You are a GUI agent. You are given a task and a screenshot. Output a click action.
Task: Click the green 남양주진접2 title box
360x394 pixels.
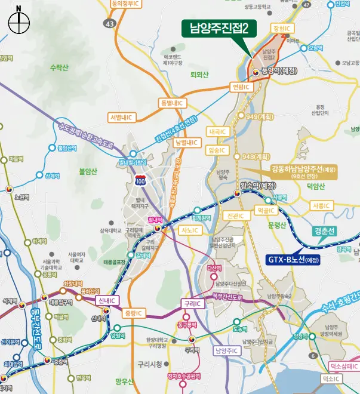[x=219, y=27]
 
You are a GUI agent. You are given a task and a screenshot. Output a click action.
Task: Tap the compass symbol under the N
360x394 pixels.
[x=19, y=24]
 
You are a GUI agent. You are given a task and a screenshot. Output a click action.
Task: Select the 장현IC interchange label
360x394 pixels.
[x=281, y=28]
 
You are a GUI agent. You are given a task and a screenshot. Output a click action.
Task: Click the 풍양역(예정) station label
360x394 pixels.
[x=279, y=71]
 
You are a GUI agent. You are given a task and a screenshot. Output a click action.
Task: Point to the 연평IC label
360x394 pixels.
[x=242, y=87]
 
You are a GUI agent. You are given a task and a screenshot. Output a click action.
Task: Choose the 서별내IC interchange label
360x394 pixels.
[x=124, y=116]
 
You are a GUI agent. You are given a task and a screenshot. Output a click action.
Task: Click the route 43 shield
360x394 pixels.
[x=109, y=23]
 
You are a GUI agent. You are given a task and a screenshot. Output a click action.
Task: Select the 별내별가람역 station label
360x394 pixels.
[x=133, y=162]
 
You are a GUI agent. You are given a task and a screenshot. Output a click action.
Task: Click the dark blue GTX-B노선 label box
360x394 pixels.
[x=293, y=260]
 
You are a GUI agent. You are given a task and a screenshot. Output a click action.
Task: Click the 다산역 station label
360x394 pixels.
[x=214, y=268]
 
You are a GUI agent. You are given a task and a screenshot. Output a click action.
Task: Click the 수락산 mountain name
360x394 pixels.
[x=60, y=67]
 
